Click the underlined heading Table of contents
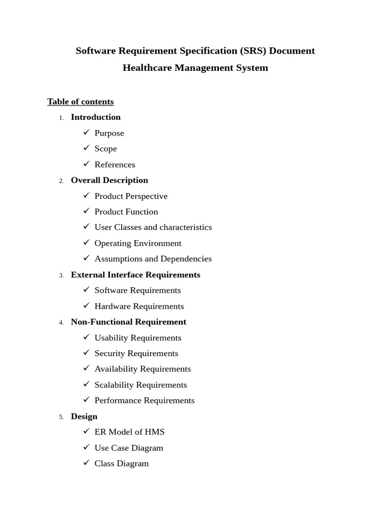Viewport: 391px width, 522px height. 80,101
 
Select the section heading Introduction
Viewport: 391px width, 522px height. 96,117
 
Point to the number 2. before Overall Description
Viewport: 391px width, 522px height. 62,181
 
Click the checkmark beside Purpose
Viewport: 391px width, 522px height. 86,133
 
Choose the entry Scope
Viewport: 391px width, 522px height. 105,149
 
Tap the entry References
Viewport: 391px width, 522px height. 115,165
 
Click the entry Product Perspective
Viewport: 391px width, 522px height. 131,196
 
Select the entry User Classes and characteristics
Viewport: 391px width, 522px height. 153,227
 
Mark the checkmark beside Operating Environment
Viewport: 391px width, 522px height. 86,243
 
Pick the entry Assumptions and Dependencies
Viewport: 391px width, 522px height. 153,259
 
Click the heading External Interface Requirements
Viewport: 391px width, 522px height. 135,275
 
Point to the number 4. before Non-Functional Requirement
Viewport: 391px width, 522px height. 62,323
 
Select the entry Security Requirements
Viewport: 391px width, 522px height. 136,353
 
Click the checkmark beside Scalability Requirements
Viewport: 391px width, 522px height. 86,384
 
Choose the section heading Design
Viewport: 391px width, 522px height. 84,416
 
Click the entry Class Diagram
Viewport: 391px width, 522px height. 121,464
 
